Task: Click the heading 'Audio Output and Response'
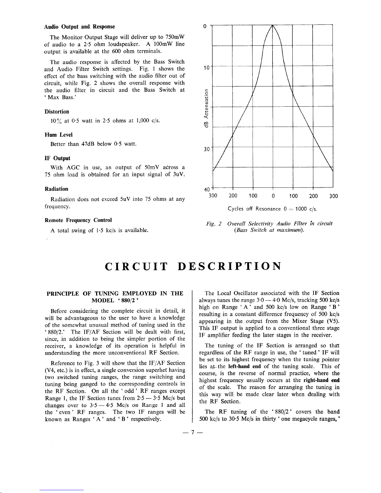click(80, 27)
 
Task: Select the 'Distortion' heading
click(57, 112)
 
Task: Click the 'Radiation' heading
click(56, 189)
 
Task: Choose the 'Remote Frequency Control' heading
click(78, 220)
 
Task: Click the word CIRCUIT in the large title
click(137, 267)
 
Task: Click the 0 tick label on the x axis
click(273, 196)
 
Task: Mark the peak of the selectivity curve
click(272, 25)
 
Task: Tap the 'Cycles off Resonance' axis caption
click(254, 209)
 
